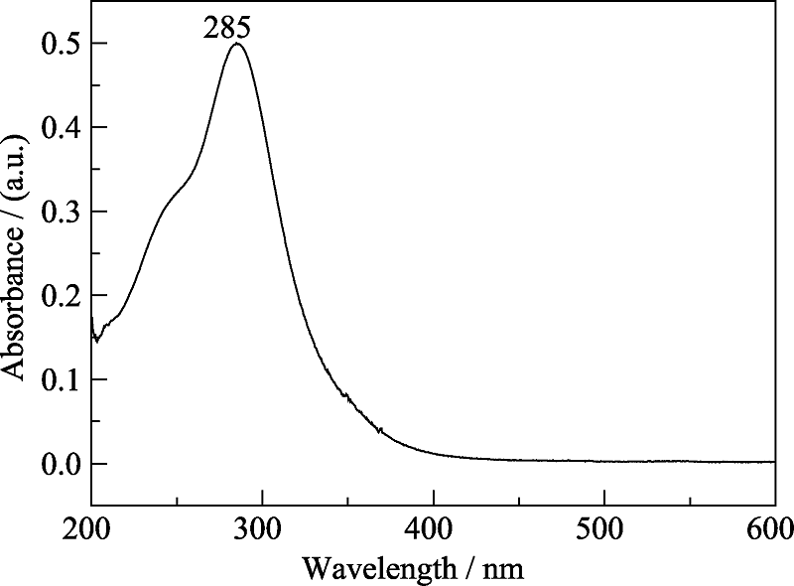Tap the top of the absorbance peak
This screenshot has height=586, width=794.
[x=236, y=44]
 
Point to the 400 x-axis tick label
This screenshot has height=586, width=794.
[x=433, y=526]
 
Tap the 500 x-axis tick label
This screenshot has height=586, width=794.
[x=603, y=526]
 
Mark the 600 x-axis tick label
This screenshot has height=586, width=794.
[x=770, y=526]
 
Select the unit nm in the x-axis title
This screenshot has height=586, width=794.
[x=505, y=569]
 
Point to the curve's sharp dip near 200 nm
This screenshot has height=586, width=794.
[x=96, y=341]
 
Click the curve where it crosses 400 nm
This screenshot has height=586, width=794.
[x=433, y=454]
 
